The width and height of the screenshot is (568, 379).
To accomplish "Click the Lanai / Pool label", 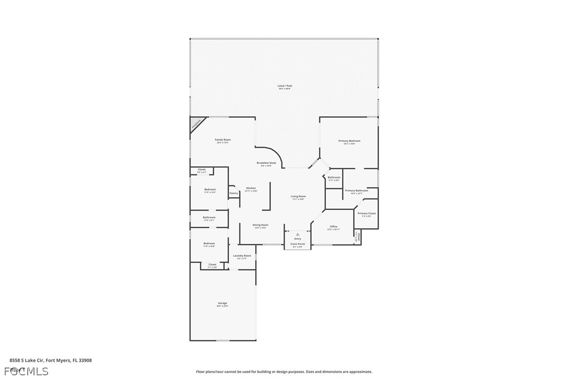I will (x=285, y=86).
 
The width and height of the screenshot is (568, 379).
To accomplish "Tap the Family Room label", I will (x=223, y=140).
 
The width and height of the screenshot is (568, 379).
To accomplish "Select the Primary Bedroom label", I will (x=349, y=141).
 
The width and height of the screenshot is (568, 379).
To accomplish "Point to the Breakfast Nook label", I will (x=266, y=163).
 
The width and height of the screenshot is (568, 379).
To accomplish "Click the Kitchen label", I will (x=251, y=188).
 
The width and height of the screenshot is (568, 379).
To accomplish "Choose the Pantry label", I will (x=233, y=193).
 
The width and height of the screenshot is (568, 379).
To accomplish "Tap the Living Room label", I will (x=298, y=197).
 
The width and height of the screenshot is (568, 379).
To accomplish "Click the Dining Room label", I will (x=260, y=225).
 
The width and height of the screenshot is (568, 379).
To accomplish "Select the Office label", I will (x=333, y=227).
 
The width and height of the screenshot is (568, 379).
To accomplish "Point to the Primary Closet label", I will (x=366, y=214).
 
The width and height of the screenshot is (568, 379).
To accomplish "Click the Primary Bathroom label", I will (x=356, y=191).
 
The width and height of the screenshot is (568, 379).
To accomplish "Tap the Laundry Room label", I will (x=242, y=256).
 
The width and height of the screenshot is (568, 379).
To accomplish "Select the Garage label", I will (x=222, y=304).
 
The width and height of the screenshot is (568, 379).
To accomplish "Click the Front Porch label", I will (x=298, y=244).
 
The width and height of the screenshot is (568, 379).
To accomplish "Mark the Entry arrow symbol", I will (x=298, y=234).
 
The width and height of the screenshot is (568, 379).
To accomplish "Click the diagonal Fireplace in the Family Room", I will (x=196, y=124).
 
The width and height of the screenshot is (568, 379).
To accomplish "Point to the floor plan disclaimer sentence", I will (x=284, y=372).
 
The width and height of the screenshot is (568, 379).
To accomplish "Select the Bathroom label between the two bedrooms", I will (x=209, y=218).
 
